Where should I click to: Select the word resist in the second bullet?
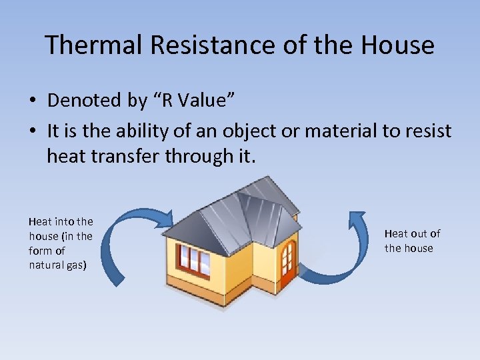(427, 132)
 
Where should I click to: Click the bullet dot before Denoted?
(32, 101)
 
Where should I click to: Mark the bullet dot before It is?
(32, 132)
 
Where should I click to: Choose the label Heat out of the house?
(411, 241)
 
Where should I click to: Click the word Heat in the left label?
(39, 221)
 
